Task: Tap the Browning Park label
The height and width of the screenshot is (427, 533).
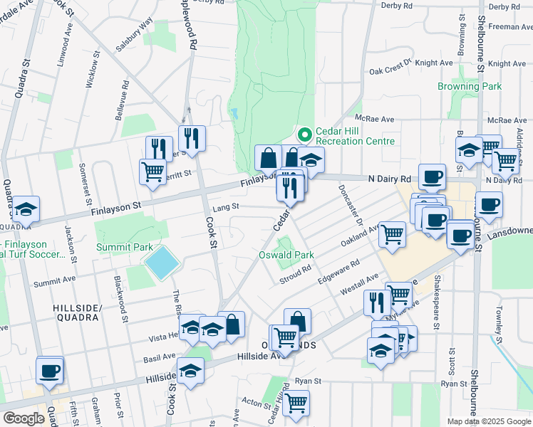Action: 470,86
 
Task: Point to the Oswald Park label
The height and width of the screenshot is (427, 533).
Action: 285,255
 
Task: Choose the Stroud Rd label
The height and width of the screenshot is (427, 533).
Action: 295,273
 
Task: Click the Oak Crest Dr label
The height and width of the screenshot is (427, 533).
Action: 392,67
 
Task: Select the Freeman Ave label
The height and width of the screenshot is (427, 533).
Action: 510,26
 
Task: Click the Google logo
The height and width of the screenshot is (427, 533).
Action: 24,418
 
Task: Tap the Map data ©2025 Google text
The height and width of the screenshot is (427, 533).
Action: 488,421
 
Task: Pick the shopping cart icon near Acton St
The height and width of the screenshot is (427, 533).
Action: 296,403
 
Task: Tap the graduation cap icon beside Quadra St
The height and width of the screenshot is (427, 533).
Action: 26,209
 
